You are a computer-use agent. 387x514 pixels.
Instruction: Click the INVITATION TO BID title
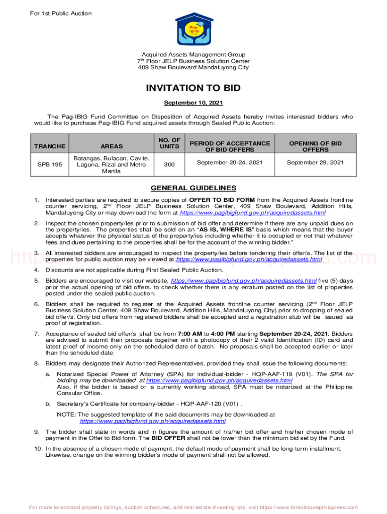(x=193, y=88)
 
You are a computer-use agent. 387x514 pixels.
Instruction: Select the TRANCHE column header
(x=50, y=146)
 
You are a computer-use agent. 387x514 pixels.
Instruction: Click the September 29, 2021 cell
(x=315, y=163)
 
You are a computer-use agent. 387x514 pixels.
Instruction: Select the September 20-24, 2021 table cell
(x=229, y=163)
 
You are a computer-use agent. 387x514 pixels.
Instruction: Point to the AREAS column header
(x=112, y=146)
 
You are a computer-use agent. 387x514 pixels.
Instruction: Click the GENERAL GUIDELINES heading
(x=193, y=188)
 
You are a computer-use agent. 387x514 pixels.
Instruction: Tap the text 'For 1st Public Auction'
(x=60, y=13)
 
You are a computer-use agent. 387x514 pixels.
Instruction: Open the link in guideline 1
(x=249, y=213)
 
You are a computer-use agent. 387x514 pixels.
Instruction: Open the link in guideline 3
(x=248, y=260)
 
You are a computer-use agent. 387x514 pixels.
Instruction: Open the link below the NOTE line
(x=153, y=421)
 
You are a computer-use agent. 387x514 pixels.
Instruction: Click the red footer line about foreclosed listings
(x=193, y=507)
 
